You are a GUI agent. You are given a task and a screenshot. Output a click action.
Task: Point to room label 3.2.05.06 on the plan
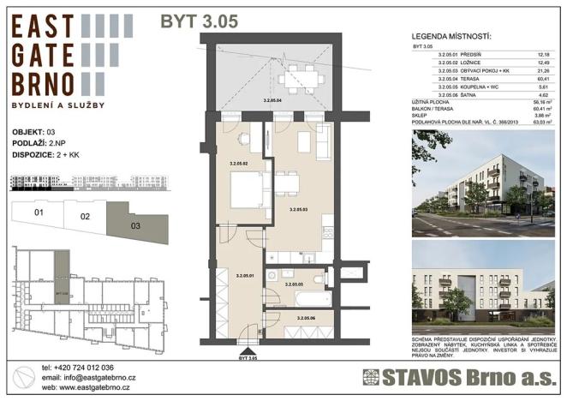pos(307,318)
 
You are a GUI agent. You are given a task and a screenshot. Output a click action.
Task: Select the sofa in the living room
pos(324,142)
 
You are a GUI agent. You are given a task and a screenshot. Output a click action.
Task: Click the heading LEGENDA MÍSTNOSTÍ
pos(451,37)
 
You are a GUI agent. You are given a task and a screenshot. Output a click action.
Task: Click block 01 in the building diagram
pos(39,211)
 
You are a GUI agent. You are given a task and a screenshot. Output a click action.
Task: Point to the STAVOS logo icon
pos(370,378)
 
